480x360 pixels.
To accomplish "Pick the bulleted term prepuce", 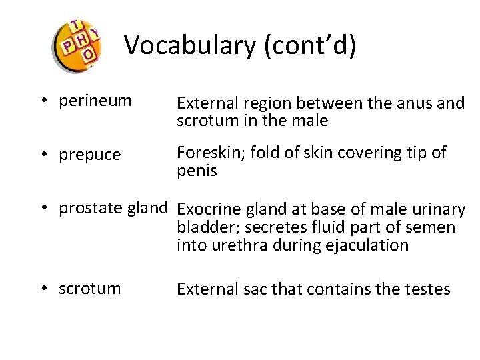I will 90,155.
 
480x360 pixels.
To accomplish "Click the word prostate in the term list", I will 87,208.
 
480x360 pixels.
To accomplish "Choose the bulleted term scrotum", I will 90,289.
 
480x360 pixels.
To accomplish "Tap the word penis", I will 197,171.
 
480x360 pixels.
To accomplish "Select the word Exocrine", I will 212,210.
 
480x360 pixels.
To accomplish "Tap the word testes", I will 427,289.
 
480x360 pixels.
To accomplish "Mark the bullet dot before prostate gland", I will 42,209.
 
